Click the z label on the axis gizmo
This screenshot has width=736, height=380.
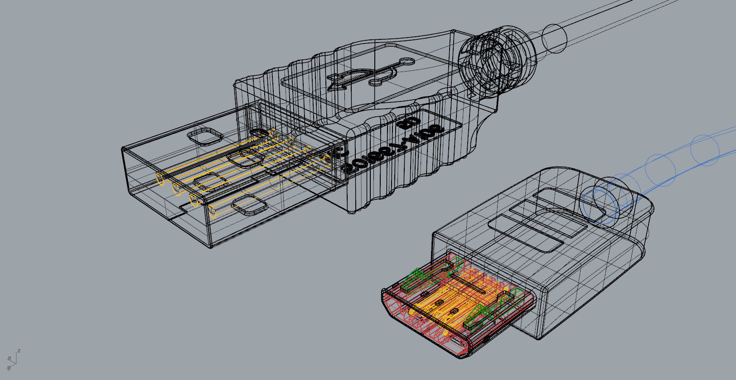coord(19,351)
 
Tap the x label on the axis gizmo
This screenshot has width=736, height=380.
coord(9,359)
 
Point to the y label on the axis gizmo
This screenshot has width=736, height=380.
coord(9,367)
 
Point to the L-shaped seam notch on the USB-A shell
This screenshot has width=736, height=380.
coord(184,209)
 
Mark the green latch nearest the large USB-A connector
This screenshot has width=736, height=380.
coord(419,279)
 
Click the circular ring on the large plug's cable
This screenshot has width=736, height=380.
coord(554,37)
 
